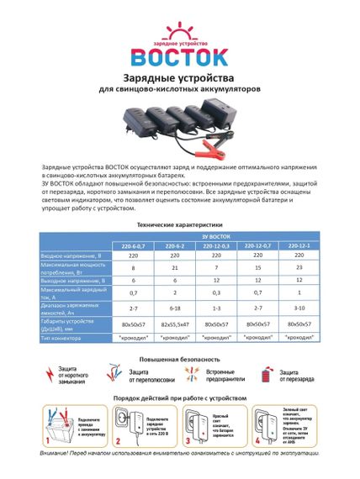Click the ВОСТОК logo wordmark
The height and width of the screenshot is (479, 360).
(x=178, y=56)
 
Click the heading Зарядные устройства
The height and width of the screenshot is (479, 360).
(x=179, y=80)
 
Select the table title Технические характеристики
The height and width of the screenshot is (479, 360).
(x=179, y=227)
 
